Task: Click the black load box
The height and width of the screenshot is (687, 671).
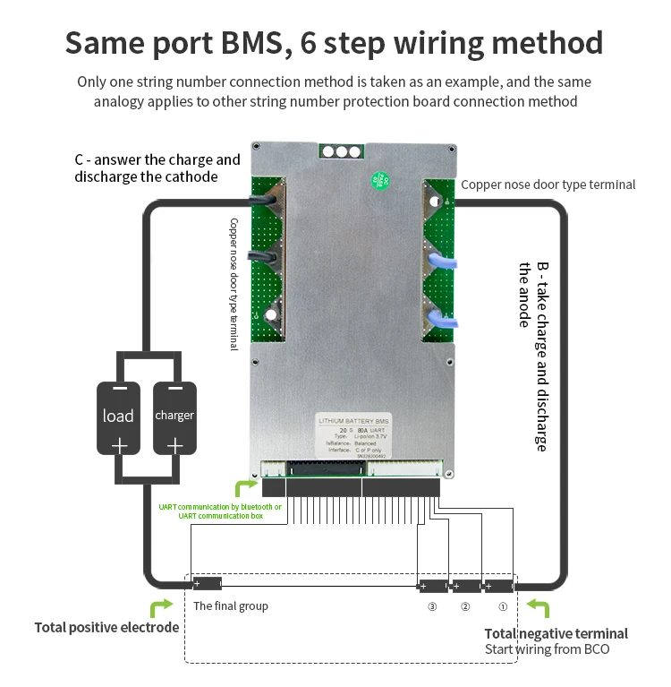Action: (119, 416)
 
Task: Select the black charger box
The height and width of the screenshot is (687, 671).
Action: (174, 416)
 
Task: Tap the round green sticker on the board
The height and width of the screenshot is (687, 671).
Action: (380, 178)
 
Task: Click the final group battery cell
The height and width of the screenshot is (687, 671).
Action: (207, 584)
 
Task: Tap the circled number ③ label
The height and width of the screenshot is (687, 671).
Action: (432, 606)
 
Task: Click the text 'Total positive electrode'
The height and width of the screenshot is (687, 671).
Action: (106, 627)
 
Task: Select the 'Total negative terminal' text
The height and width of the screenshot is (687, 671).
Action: (556, 633)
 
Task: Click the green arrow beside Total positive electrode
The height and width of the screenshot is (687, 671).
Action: (161, 608)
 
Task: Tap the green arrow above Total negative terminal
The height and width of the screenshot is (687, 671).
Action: (539, 609)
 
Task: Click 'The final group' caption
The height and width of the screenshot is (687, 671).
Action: (231, 606)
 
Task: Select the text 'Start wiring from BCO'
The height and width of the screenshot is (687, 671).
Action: (547, 648)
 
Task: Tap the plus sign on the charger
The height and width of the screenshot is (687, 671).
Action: (174, 445)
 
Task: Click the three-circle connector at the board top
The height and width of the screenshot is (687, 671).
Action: (341, 150)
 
